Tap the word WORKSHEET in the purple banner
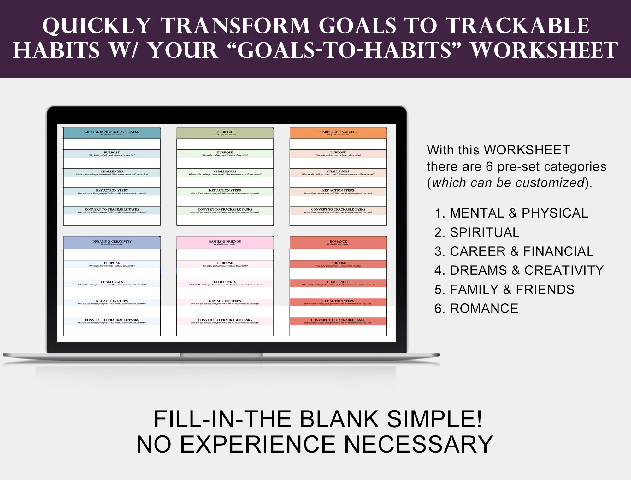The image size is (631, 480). pos(544,51)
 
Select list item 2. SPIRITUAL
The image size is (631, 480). pos(477,232)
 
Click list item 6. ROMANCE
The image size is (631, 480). pos(476,309)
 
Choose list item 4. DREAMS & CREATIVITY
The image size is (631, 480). pos(519,270)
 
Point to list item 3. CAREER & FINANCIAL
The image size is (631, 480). pos(514,251)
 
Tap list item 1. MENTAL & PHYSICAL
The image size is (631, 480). pos(511,213)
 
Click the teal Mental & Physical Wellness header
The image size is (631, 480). pos(112,133)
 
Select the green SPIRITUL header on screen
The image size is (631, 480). pos(225,133)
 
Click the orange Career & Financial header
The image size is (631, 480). pos(338,133)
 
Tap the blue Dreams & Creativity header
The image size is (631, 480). pos(112,243)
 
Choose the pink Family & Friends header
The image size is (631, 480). pos(225,243)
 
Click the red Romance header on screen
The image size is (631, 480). pos(338,243)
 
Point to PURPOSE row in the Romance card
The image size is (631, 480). pos(338,264)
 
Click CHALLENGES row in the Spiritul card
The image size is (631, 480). pos(225,173)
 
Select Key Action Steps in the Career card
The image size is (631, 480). pos(338,192)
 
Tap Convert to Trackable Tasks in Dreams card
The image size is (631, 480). pos(112,321)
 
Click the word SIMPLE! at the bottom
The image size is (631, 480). pos(434,419)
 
